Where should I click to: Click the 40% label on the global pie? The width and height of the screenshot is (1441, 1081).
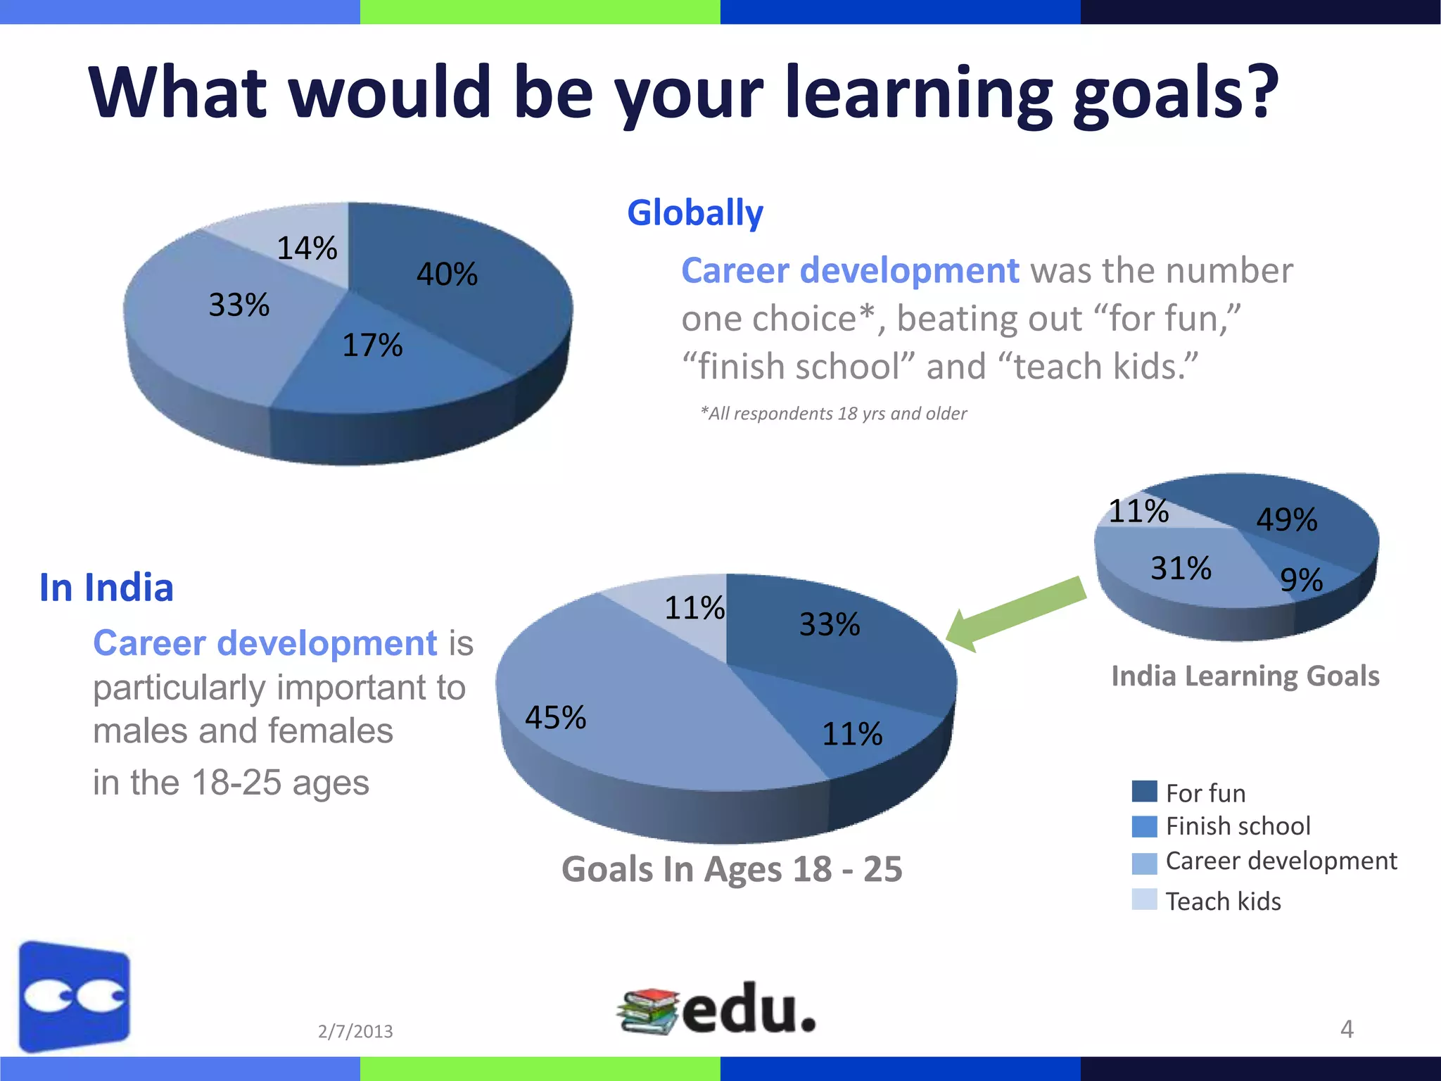pyautogui.click(x=447, y=274)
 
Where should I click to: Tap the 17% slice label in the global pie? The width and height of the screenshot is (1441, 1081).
pyautogui.click(x=372, y=345)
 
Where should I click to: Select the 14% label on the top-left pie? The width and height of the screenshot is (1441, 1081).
pyautogui.click(x=307, y=248)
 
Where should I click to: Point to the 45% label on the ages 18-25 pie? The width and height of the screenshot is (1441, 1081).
pyautogui.click(x=555, y=717)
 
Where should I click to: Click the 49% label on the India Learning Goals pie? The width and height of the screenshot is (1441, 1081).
pyautogui.click(x=1286, y=519)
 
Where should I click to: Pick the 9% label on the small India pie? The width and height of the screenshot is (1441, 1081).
pyautogui.click(x=1301, y=580)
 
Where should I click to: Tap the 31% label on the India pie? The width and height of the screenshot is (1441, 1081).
pyautogui.click(x=1181, y=568)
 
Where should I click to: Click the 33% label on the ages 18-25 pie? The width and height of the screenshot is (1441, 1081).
pyautogui.click(x=829, y=624)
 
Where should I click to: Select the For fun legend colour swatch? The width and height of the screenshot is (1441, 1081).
pyautogui.click(x=1144, y=792)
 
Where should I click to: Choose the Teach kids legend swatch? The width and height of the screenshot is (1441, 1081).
pyautogui.click(x=1144, y=899)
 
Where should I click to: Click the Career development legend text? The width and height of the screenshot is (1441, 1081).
pyautogui.click(x=1281, y=861)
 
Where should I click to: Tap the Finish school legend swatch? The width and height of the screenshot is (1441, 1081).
pyautogui.click(x=1144, y=826)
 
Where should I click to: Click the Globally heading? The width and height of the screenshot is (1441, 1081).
pyautogui.click(x=694, y=213)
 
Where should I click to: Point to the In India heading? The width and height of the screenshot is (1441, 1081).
pyautogui.click(x=106, y=587)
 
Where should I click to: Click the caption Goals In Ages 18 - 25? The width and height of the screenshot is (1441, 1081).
pyautogui.click(x=732, y=868)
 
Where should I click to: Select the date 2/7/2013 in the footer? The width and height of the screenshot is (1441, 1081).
pyautogui.click(x=355, y=1031)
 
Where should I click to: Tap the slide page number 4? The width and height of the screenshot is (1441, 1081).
pyautogui.click(x=1346, y=1029)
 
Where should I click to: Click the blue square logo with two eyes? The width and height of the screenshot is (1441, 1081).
pyautogui.click(x=75, y=996)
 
